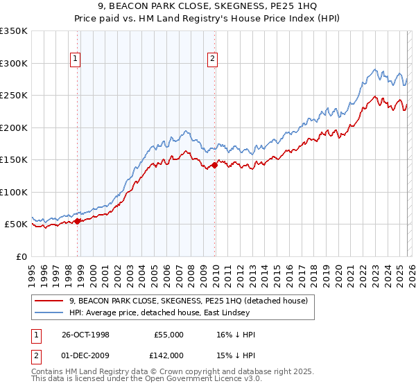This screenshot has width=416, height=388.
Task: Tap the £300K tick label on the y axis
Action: pyautogui.click(x=14, y=63)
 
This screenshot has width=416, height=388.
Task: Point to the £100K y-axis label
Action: pyautogui.click(x=14, y=192)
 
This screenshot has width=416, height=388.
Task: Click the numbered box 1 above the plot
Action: pyautogui.click(x=75, y=60)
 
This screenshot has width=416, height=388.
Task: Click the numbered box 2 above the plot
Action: pyautogui.click(x=212, y=60)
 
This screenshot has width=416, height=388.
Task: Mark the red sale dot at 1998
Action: pyautogui.click(x=78, y=221)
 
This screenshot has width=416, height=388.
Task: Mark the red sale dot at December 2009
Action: pyautogui.click(x=214, y=165)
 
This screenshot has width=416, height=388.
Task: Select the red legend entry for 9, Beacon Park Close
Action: pyautogui.click(x=192, y=301)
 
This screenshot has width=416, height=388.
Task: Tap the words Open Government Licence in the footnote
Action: pyautogui.click(x=178, y=380)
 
